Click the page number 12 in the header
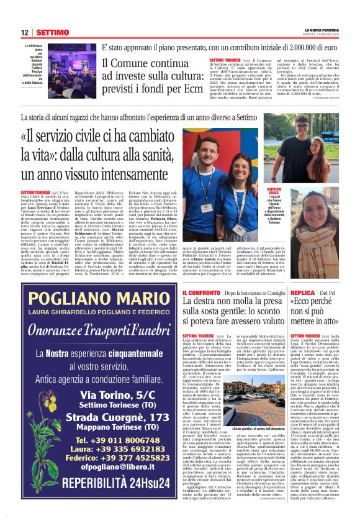point(25,32)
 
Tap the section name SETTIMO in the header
point(52,32)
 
